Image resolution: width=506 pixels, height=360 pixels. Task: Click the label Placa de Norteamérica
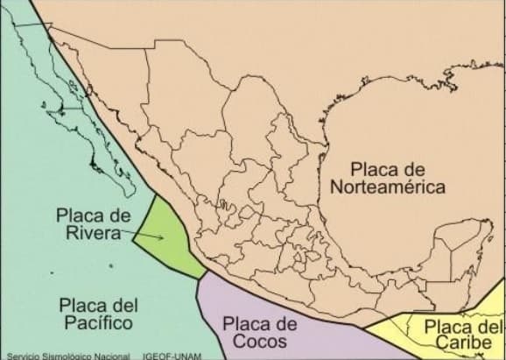coord(389,177)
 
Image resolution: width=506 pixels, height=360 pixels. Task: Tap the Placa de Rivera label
coord(92,223)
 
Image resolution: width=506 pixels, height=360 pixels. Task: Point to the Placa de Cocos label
coord(261,332)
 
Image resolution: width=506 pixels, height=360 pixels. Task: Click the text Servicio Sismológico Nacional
coord(61,356)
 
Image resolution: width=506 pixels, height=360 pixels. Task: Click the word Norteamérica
coord(389,187)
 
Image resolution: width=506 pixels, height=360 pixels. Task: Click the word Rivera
coord(92,232)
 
